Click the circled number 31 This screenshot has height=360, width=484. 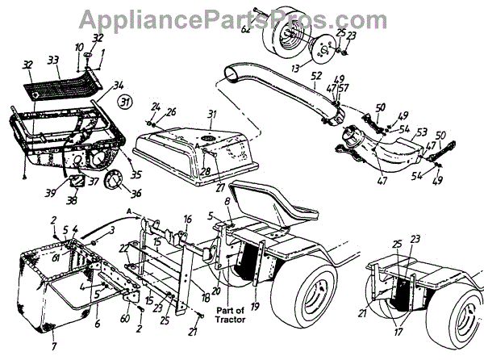pos(123,103)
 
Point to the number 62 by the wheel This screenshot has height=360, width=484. pos(246,30)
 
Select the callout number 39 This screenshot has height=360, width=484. pos(50,195)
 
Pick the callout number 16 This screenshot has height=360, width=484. pos(187,219)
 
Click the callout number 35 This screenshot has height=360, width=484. pos(136,173)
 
